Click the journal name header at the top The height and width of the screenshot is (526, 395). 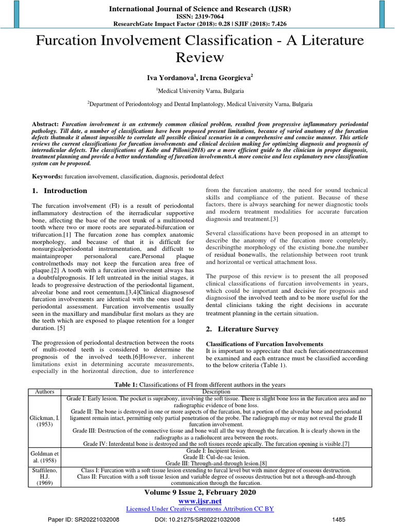coord(197,9)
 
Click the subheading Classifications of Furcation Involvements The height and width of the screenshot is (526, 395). coord(264,344)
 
